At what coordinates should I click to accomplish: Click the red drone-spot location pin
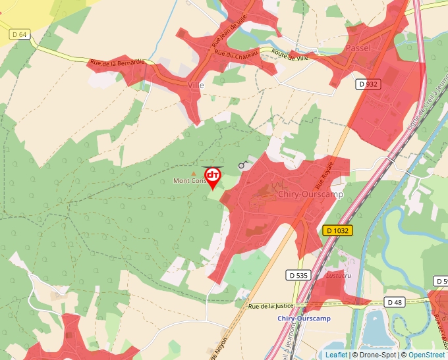213,176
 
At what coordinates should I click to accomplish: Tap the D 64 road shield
19,34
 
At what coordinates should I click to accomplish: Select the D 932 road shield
368,84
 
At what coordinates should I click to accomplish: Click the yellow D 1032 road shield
338,230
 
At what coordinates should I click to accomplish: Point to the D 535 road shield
298,275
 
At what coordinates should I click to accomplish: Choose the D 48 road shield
395,303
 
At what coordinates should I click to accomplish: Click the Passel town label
358,48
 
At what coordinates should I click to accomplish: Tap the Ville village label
196,86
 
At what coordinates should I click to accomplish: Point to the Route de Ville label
290,57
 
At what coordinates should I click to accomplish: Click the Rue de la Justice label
273,306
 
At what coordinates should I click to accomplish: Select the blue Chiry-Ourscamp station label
304,319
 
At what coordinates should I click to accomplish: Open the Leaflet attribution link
336,355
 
